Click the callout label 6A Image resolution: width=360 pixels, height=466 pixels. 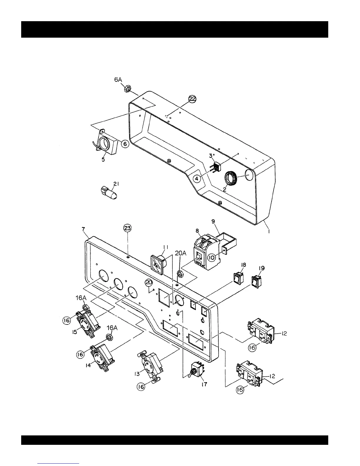pos(118,80)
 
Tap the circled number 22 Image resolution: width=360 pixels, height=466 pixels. pos(192,99)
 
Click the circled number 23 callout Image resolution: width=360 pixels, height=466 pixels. pos(128,228)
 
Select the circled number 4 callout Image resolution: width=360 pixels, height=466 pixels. pos(197,178)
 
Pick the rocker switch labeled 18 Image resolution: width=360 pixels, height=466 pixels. pos(238,277)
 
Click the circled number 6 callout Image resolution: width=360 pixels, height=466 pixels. pos(125,144)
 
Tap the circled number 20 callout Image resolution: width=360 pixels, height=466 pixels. pos(149,283)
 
